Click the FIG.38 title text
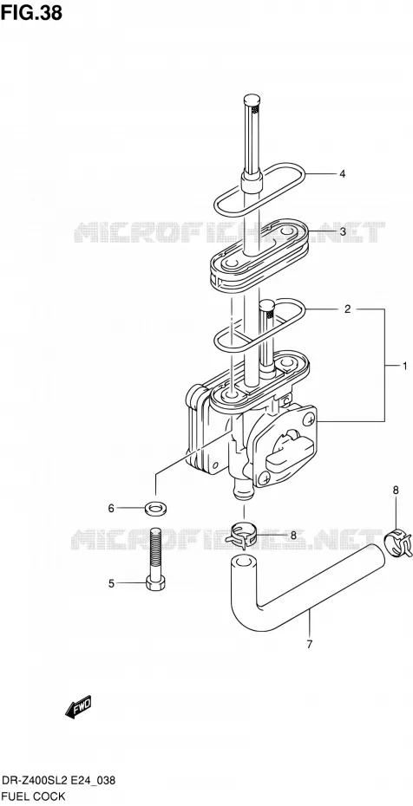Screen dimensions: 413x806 click(x=31, y=13)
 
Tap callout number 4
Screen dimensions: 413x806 click(x=342, y=173)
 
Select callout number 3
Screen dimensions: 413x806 click(x=343, y=231)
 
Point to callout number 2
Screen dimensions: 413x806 click(x=347, y=309)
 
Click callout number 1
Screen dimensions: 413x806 click(x=404, y=366)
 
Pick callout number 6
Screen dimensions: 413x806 click(x=110, y=509)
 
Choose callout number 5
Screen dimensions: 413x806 click(x=110, y=583)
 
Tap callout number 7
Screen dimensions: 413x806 click(x=309, y=644)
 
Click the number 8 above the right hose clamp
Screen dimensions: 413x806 click(x=396, y=491)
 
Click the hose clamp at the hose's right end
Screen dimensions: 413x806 click(x=398, y=545)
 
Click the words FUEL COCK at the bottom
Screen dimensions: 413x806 click(x=33, y=796)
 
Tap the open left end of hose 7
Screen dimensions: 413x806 click(x=242, y=560)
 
